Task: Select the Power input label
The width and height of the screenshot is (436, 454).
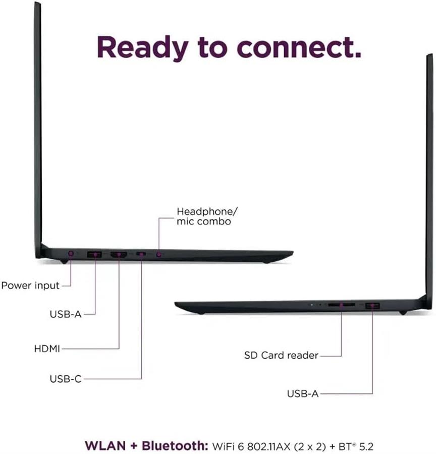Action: click(30, 286)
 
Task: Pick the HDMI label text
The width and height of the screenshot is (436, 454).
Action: click(47, 348)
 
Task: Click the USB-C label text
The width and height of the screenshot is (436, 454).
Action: click(66, 379)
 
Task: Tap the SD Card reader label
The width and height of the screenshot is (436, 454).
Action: click(281, 355)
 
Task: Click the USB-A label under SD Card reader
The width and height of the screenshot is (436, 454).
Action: click(303, 393)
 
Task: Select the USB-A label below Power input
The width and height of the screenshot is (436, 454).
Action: click(66, 314)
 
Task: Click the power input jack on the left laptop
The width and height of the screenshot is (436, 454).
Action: click(71, 253)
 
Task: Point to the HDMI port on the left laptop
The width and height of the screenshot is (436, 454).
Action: click(119, 255)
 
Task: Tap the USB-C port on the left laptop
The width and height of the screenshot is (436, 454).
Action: click(141, 255)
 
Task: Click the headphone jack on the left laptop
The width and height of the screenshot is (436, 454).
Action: click(159, 255)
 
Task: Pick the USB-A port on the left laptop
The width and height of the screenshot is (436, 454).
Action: click(95, 255)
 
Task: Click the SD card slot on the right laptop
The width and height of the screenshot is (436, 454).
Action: click(341, 305)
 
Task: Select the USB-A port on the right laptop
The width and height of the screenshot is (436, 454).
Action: click(372, 305)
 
